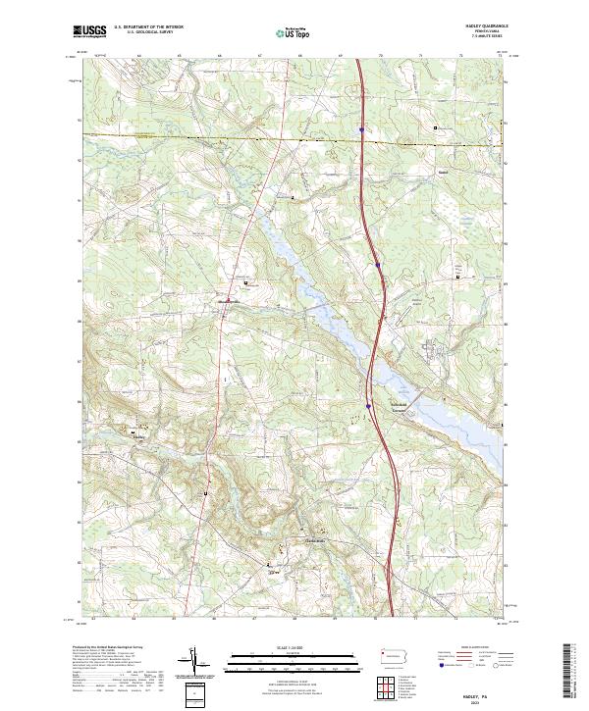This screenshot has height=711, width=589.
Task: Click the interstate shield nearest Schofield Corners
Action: [x=369, y=404]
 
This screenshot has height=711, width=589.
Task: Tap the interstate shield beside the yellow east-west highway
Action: [x=362, y=128]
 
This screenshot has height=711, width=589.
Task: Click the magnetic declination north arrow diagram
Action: [x=194, y=663]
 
